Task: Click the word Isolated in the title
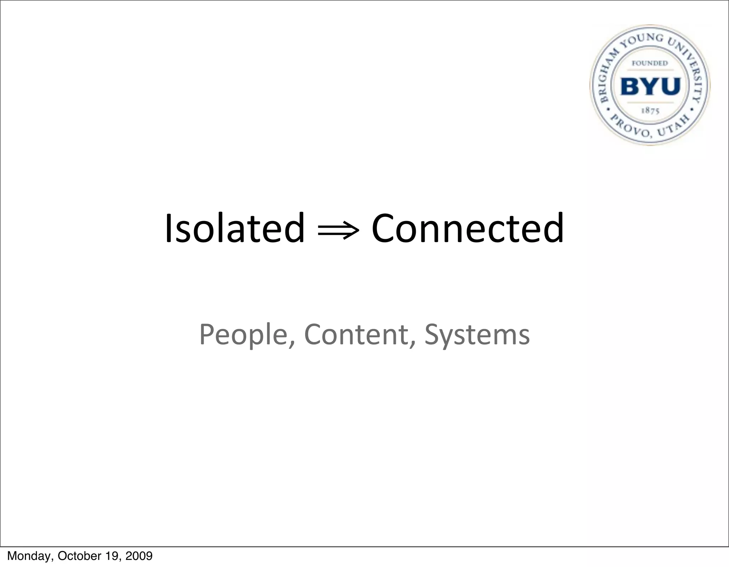pyautogui.click(x=235, y=228)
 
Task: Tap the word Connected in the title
pyautogui.click(x=467, y=228)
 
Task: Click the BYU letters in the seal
pyautogui.click(x=650, y=86)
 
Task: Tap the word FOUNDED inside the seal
pyautogui.click(x=650, y=63)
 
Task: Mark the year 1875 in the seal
pyautogui.click(x=650, y=111)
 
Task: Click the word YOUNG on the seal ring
pyautogui.click(x=642, y=40)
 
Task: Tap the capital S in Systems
pyautogui.click(x=432, y=334)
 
